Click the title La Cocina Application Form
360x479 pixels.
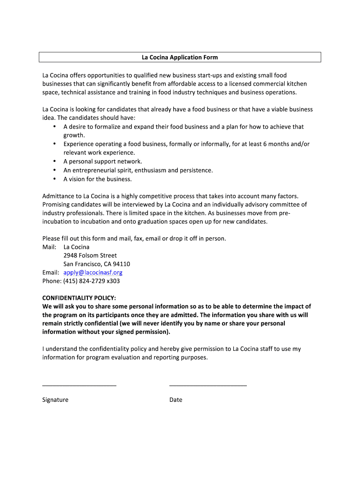pos(180,58)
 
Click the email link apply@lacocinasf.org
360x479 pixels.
pos(93,272)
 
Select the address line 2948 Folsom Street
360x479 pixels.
pos(90,255)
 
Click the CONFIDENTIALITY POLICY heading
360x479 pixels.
pos(79,298)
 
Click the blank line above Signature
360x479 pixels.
pos(79,385)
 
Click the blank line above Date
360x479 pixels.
pos(208,385)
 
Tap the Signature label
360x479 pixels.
pos(55,400)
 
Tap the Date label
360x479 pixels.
pos(176,400)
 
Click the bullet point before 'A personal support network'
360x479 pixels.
pos(55,161)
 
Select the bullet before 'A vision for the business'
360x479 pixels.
pos(55,179)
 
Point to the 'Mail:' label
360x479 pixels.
pos(50,247)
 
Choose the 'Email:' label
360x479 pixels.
pos(51,272)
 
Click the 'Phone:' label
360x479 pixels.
pos(52,281)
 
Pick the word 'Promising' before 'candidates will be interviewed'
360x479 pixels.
pos(57,204)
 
